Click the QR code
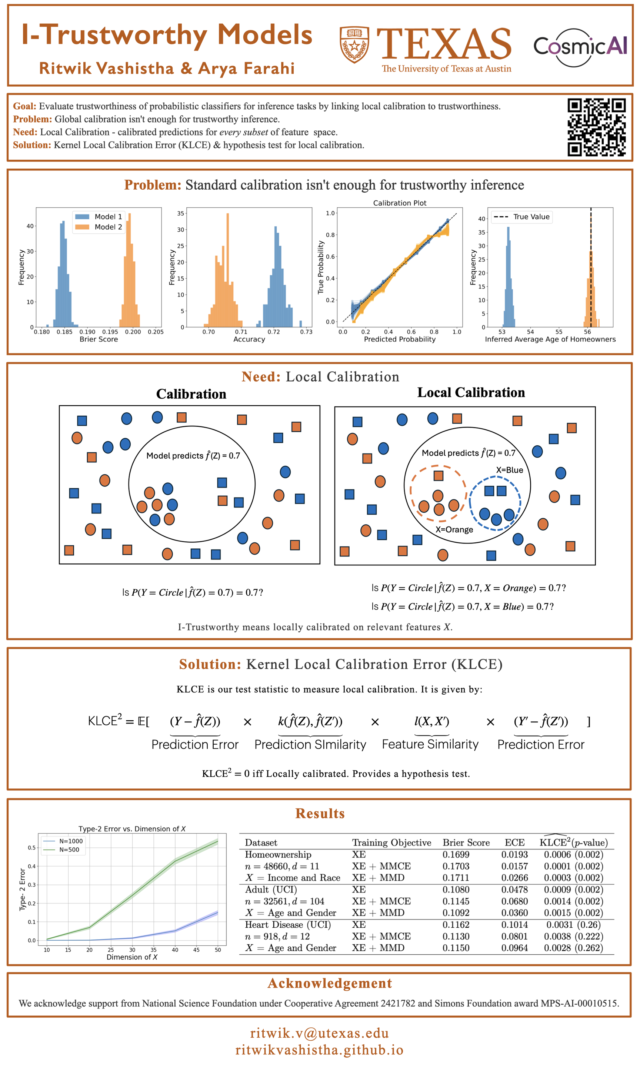(x=596, y=127)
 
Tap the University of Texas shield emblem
(x=354, y=44)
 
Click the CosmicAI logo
(x=580, y=47)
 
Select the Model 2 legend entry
(x=99, y=227)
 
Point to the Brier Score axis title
(x=99, y=339)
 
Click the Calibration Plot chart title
(x=399, y=203)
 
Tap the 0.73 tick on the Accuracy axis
(x=306, y=332)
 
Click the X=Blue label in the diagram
(x=509, y=470)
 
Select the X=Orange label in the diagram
(x=454, y=530)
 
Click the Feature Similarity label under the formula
(x=430, y=744)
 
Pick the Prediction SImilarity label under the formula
(x=310, y=744)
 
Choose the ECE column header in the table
(x=514, y=842)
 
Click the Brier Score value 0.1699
(x=456, y=854)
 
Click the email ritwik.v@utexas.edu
(x=320, y=1033)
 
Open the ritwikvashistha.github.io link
(x=320, y=1050)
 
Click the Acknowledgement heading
(x=330, y=983)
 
